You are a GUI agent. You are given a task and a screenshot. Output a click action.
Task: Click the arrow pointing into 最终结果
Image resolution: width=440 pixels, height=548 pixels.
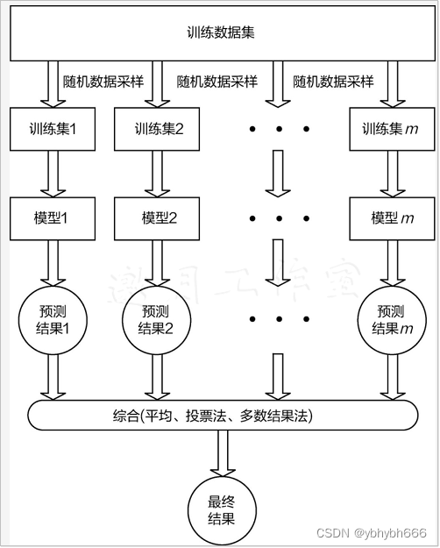(x=221, y=454)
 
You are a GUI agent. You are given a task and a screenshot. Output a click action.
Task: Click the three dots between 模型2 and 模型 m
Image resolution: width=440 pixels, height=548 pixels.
(x=279, y=218)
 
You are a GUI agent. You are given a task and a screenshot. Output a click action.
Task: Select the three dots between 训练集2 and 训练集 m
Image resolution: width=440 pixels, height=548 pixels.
(x=279, y=130)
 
